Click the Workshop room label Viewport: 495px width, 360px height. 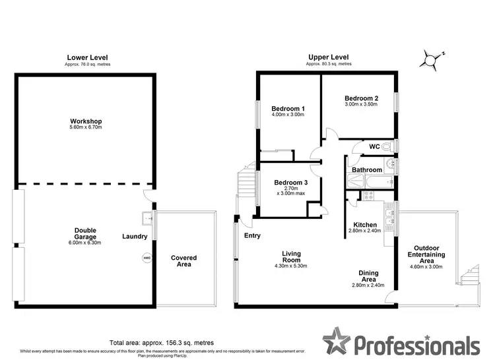point(86,121)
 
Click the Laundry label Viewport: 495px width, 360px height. point(135,237)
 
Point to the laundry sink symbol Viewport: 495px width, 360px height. point(147,218)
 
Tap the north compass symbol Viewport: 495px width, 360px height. point(430,61)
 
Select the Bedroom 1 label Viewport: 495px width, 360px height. point(288,109)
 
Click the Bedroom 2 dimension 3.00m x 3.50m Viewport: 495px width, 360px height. point(360,104)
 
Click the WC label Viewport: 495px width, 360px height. point(374,146)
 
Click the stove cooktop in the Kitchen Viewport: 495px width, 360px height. point(367,195)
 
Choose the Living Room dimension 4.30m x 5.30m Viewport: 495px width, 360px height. point(291,266)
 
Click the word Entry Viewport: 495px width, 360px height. point(253,235)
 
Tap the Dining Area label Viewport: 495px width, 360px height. point(368,276)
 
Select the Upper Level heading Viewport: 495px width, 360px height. point(328,57)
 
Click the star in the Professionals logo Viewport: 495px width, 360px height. point(339,342)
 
